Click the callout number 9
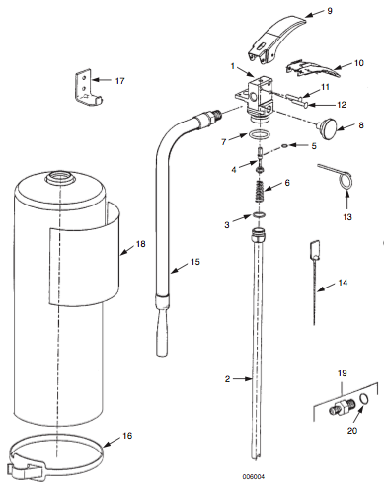pyautogui.click(x=330, y=11)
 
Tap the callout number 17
pyautogui.click(x=120, y=80)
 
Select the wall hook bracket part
pyautogui.click(x=87, y=87)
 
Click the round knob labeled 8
pyautogui.click(x=327, y=129)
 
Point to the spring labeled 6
pyautogui.click(x=261, y=192)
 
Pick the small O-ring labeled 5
pyautogui.click(x=285, y=145)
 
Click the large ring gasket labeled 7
pyautogui.click(x=260, y=134)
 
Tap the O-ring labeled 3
pyautogui.click(x=260, y=215)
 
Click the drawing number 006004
pyautogui.click(x=254, y=476)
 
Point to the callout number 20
pyautogui.click(x=352, y=430)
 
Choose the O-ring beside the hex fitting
pyautogui.click(x=364, y=399)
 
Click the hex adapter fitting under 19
pyautogui.click(x=343, y=407)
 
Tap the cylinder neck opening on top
pyautogui.click(x=59, y=178)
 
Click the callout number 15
pyautogui.click(x=195, y=262)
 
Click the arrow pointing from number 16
pyautogui.click(x=112, y=442)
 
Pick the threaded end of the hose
pyautogui.click(x=214, y=116)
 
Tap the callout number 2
pyautogui.click(x=227, y=379)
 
